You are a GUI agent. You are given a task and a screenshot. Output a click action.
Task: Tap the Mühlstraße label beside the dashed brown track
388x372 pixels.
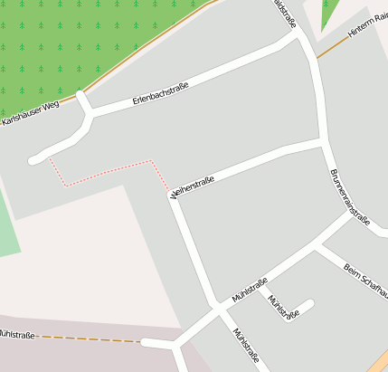coord(16,335)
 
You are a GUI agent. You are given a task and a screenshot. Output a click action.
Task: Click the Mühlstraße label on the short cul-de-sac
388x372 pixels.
coord(283,307)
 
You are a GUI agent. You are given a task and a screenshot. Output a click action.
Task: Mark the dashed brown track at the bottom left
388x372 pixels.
coord(90,339)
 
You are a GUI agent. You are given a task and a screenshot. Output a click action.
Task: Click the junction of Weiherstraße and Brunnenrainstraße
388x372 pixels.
coord(324,142)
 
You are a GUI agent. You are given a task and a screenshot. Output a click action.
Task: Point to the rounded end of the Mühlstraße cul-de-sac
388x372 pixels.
coord(309,303)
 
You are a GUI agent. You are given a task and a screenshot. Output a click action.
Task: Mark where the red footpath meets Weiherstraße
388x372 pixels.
coord(171,194)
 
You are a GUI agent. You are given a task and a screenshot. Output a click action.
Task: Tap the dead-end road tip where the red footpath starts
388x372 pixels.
coord(36,160)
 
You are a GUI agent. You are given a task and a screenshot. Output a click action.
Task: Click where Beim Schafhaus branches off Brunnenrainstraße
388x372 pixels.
coord(317,244)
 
